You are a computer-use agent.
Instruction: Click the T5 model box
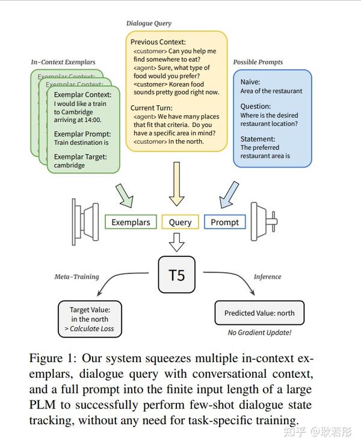coord(176,276)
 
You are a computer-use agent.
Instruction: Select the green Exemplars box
coord(131,222)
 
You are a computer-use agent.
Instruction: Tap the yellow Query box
coord(180,222)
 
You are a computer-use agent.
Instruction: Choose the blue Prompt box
coord(224,222)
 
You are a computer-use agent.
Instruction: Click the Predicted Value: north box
coord(259,313)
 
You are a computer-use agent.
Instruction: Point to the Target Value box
coord(90,319)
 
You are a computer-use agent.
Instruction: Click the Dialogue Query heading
coord(149,23)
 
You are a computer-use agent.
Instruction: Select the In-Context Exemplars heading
coord(63,62)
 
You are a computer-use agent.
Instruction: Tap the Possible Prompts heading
coord(258,62)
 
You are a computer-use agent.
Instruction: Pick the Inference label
coord(267,277)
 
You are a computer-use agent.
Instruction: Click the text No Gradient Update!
coord(259,333)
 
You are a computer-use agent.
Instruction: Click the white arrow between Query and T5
coord(176,242)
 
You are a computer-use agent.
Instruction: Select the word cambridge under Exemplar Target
coord(69,165)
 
